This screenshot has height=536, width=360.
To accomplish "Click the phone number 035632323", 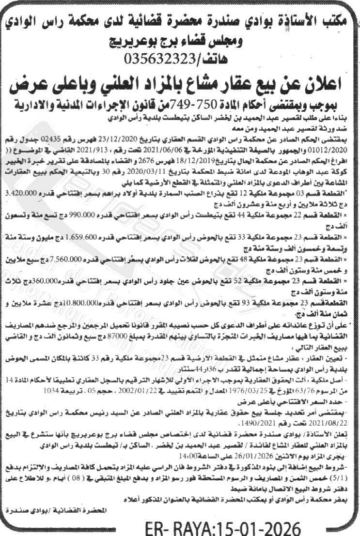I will (158, 59).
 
